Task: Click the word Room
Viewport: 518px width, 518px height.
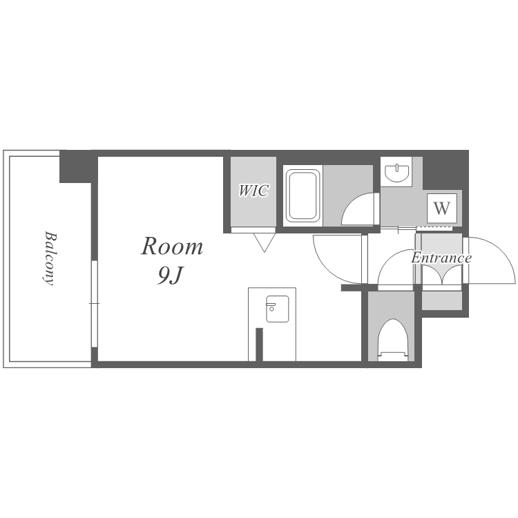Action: pyautogui.click(x=172, y=247)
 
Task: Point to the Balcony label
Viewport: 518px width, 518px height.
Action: pyautogui.click(x=50, y=258)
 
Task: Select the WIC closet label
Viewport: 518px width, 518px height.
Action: pyautogui.click(x=253, y=191)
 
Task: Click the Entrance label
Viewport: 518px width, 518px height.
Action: pyautogui.click(x=441, y=258)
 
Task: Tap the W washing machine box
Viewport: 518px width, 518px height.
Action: pyautogui.click(x=442, y=208)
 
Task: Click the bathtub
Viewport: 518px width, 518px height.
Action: pyautogui.click(x=303, y=195)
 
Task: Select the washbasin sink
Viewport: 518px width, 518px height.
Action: pyautogui.click(x=397, y=173)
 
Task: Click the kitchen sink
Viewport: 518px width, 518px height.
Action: pyautogui.click(x=278, y=309)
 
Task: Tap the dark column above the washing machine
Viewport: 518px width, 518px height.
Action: pyautogui.click(x=445, y=170)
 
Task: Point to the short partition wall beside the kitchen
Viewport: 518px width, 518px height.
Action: pyautogui.click(x=259, y=345)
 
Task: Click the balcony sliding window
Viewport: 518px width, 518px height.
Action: pyautogui.click(x=95, y=304)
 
